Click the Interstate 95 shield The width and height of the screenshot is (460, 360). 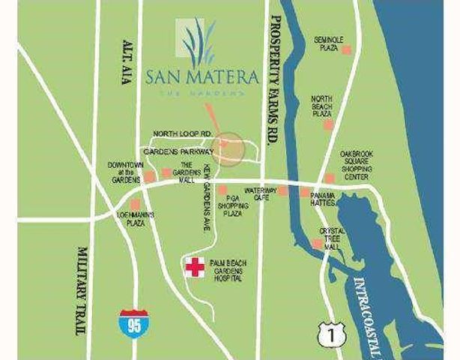click(132, 323)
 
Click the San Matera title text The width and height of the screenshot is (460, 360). click(202, 76)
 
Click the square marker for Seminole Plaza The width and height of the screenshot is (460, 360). click(346, 49)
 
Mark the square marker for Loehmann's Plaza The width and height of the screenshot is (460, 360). click(135, 204)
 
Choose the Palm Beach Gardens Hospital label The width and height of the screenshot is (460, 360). click(227, 268)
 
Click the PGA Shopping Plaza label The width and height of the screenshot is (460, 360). click(231, 204)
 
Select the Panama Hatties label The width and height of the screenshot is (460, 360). click(327, 199)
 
